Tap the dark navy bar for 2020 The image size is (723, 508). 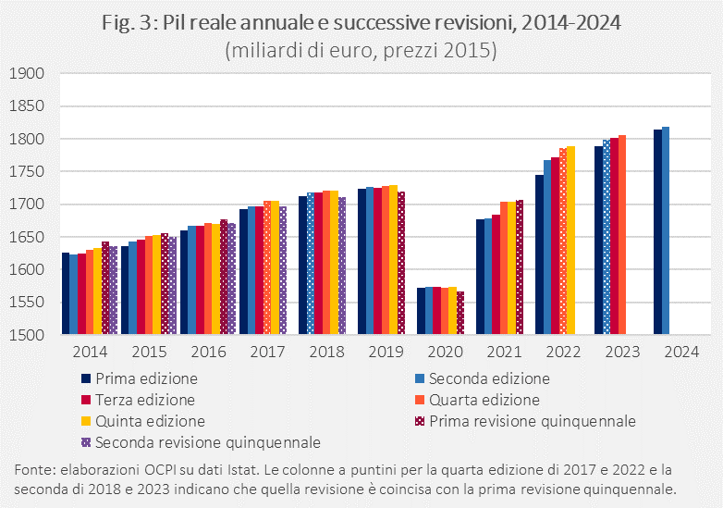(x=420, y=311)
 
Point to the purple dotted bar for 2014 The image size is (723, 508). (x=113, y=291)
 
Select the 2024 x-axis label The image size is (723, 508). (x=681, y=353)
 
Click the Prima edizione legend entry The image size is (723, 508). (x=147, y=378)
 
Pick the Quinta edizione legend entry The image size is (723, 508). (x=152, y=421)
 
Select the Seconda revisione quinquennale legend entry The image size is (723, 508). (x=208, y=442)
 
